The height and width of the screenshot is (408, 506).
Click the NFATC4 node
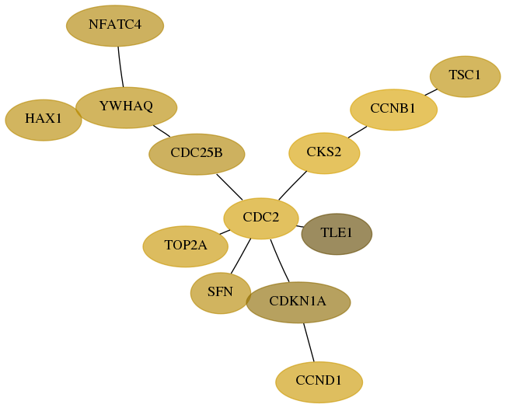click(115, 26)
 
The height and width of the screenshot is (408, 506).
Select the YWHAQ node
click(126, 107)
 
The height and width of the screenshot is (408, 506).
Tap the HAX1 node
click(44, 120)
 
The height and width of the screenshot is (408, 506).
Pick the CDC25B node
click(197, 154)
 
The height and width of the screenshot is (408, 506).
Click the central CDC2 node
click(261, 218)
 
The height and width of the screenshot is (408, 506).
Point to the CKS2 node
click(324, 153)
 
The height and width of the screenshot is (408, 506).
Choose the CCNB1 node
click(394, 110)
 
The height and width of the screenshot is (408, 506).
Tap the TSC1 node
click(466, 76)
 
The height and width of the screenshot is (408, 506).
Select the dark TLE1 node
click(337, 234)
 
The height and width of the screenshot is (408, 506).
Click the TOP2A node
click(186, 246)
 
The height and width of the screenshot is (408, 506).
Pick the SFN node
click(221, 293)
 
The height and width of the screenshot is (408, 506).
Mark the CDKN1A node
click(298, 302)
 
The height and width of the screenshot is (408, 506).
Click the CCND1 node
click(319, 382)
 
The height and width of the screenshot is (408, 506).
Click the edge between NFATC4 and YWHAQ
click(120, 67)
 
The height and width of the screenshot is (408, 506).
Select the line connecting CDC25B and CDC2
click(229, 187)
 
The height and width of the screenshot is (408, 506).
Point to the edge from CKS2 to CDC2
click(292, 186)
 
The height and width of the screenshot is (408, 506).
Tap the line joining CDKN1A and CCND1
click(309, 343)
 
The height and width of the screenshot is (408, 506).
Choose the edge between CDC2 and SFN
click(241, 256)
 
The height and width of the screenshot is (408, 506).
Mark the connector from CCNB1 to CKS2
click(358, 132)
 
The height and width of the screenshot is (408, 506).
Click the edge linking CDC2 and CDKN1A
click(280, 261)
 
